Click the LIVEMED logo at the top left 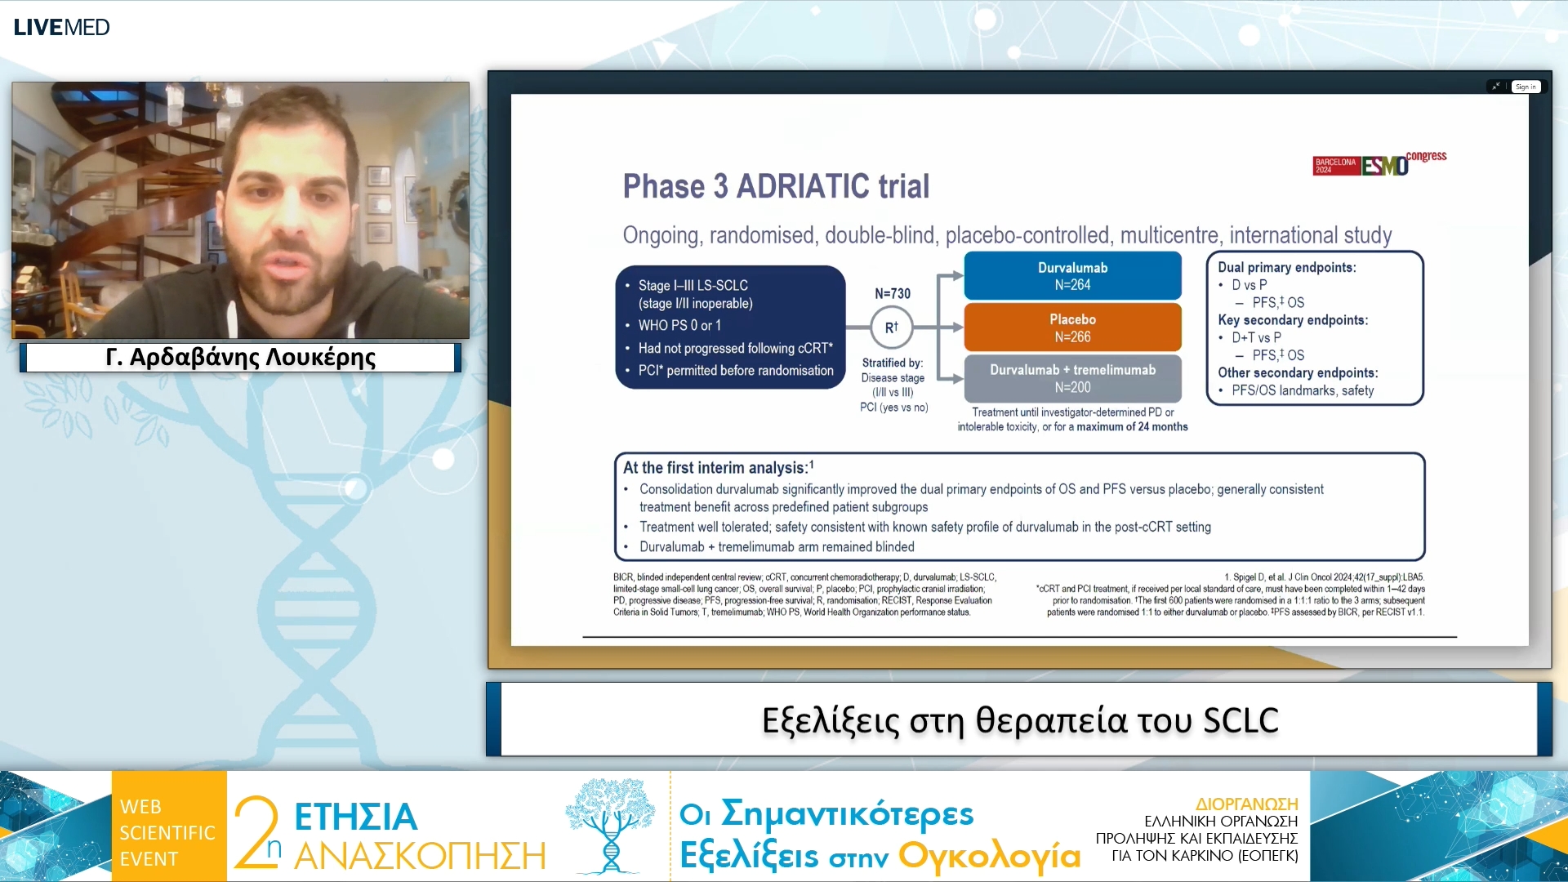tap(61, 27)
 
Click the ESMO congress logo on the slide tap(1379, 163)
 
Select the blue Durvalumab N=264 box tap(1072, 276)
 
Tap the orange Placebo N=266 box tap(1072, 327)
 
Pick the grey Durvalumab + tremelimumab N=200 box tap(1072, 378)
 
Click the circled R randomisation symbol tap(891, 327)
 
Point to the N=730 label tap(893, 293)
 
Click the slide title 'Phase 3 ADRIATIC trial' tap(776, 186)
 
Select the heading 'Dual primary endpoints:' tap(1287, 267)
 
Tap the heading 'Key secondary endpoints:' tap(1293, 320)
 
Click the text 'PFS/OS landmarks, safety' tap(1303, 390)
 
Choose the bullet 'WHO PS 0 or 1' tap(679, 325)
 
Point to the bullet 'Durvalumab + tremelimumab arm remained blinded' tap(777, 546)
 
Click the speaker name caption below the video tap(240, 357)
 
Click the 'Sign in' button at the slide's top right tap(1526, 87)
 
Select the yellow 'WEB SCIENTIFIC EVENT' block tap(169, 826)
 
